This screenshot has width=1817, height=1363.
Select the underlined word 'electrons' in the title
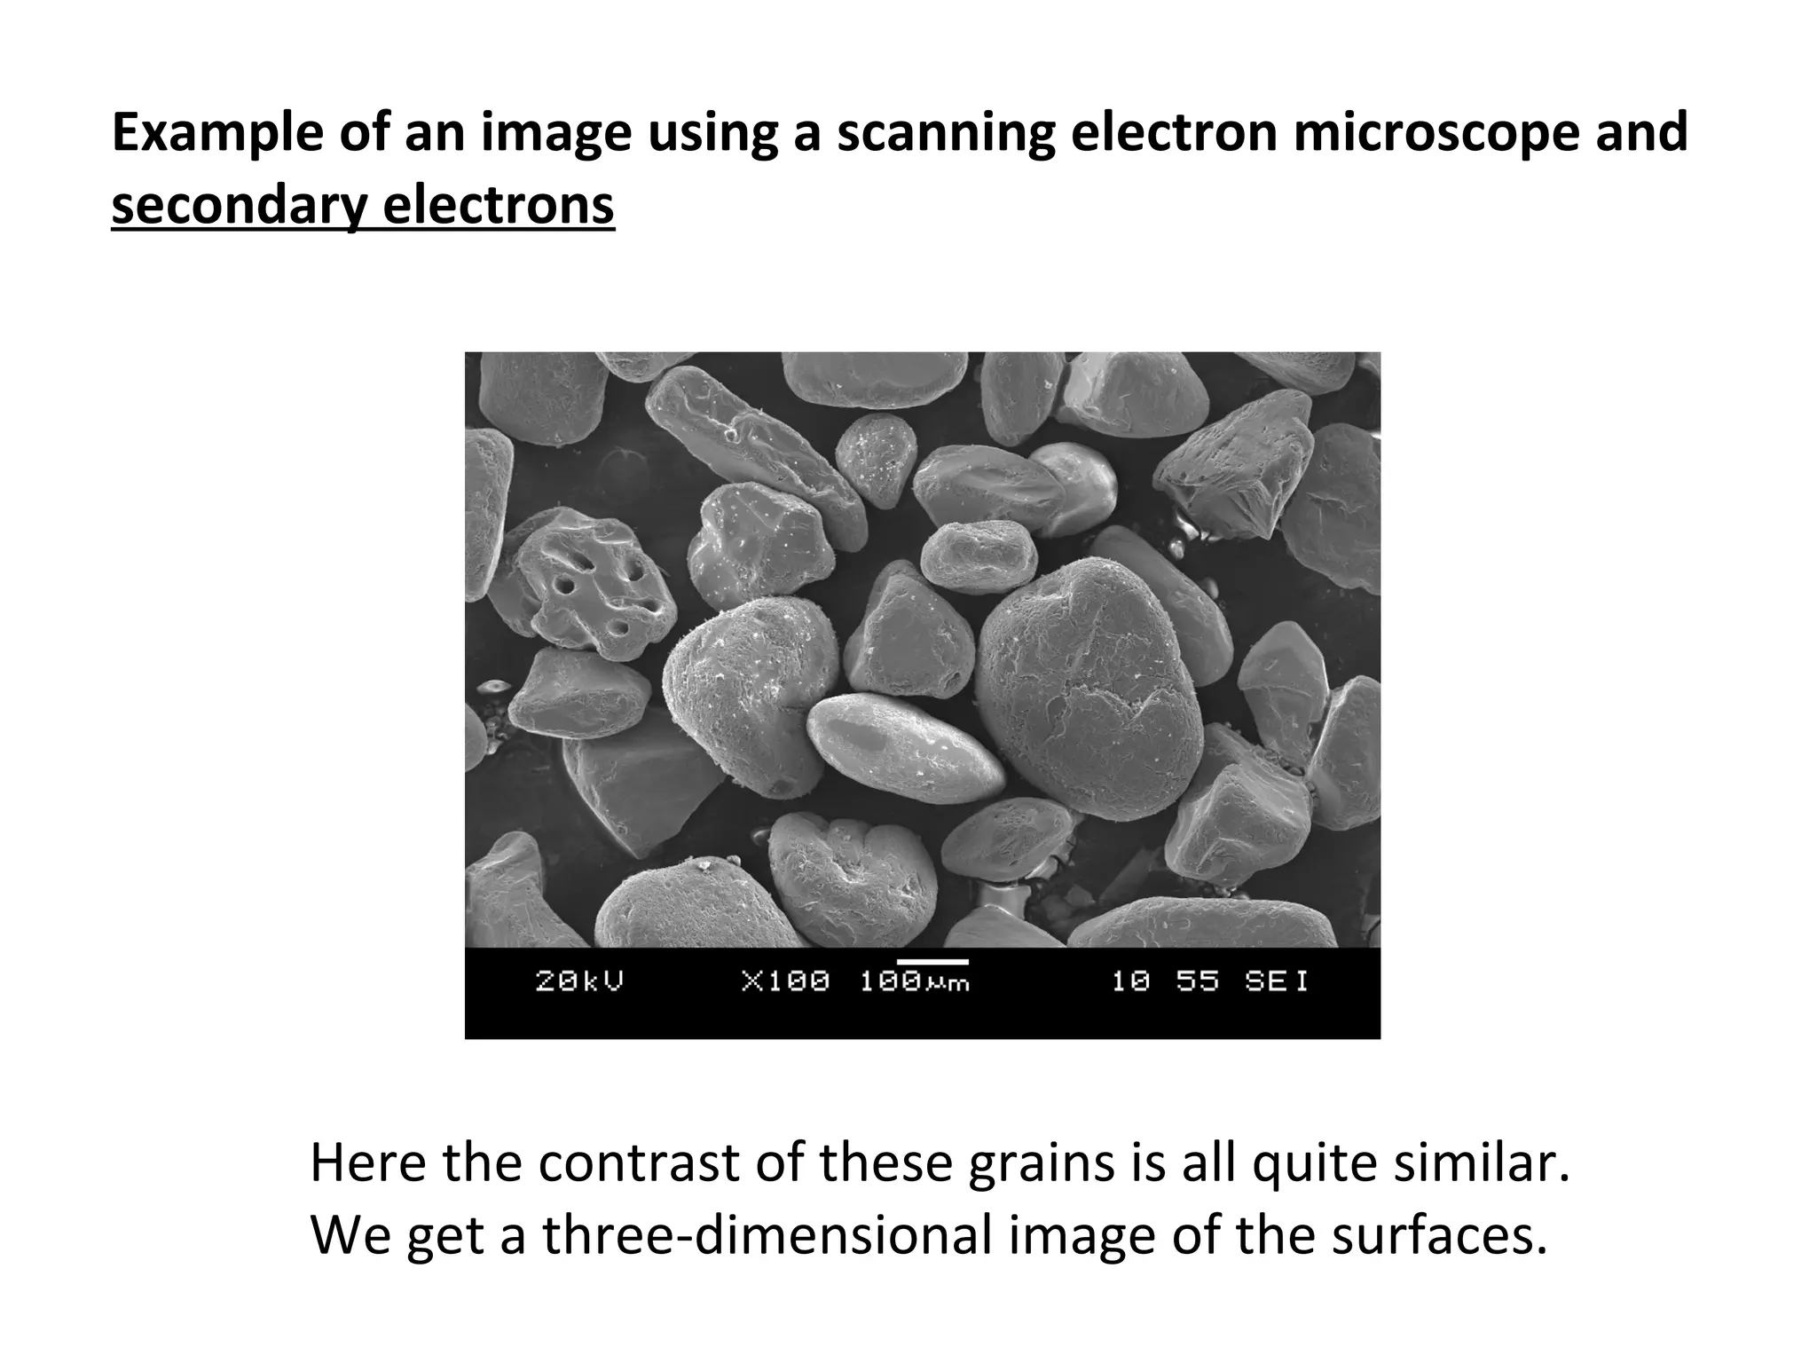[499, 206]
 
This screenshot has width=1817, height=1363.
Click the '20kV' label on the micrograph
[579, 981]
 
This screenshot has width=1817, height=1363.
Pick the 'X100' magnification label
[785, 981]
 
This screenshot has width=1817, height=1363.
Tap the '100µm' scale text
[914, 982]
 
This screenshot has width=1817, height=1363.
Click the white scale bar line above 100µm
[932, 961]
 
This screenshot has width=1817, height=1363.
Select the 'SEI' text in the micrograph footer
[1277, 981]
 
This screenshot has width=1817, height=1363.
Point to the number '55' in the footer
[1199, 981]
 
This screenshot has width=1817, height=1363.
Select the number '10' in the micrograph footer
[1132, 981]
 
